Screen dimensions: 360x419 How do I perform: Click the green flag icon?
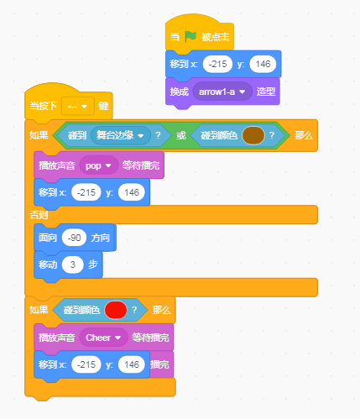(190, 37)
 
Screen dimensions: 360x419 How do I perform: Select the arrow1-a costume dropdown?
(222, 92)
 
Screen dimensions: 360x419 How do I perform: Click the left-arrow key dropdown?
(78, 107)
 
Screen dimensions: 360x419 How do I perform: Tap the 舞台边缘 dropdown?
(121, 135)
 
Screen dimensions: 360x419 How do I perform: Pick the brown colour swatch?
(253, 135)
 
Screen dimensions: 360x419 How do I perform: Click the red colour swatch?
(116, 310)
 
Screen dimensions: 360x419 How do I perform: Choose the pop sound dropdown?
(98, 165)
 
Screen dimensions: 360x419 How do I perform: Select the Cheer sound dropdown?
(103, 338)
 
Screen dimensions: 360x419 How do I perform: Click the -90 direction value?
(74, 238)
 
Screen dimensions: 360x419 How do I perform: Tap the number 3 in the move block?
(73, 264)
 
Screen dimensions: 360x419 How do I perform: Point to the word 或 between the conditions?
(181, 135)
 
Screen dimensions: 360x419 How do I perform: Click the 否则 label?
(39, 215)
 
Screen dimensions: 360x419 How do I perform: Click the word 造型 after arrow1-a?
(266, 92)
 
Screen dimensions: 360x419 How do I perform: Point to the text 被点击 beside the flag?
(216, 37)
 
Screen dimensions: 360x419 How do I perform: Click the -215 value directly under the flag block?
(217, 64)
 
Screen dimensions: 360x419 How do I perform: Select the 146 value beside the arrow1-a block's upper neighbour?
(263, 64)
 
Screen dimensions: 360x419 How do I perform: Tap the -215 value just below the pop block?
(86, 192)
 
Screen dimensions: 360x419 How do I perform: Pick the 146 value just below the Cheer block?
(132, 364)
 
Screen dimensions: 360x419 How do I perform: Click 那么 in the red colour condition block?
(162, 310)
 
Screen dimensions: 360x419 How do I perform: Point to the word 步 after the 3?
(93, 264)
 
